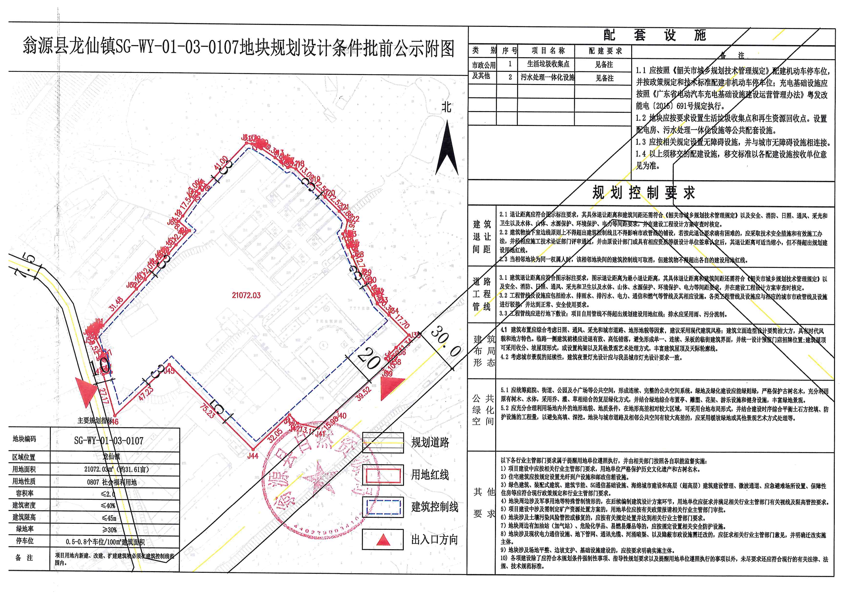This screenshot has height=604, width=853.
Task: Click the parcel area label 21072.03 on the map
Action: pos(246,295)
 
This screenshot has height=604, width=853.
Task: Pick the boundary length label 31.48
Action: pos(116,303)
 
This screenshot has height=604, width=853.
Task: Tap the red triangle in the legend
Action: pos(383,540)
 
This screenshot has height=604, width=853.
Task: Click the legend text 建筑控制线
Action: pos(435,507)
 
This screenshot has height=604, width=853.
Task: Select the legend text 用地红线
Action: pos(430,475)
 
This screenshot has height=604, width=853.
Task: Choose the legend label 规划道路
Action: pos(430,442)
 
